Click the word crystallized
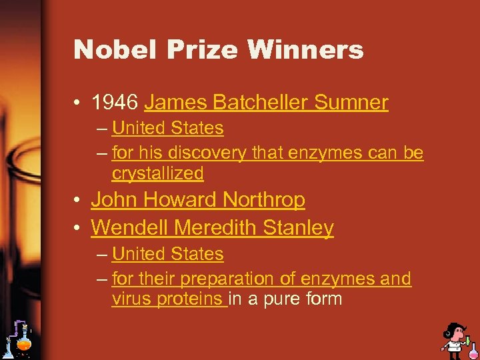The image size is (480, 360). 157,173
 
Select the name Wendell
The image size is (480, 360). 129,228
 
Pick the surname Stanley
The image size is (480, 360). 298,228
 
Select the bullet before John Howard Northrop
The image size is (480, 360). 77,200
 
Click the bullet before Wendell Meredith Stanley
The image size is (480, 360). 77,229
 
